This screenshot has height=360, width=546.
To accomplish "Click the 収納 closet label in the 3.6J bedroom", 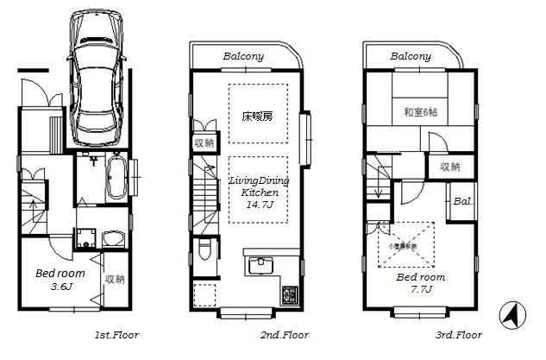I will pyautogui.click(x=114, y=279).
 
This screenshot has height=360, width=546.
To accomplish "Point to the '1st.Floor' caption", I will pyautogui.click(x=116, y=334).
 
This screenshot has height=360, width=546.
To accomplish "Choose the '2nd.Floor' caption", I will pyautogui.click(x=284, y=334).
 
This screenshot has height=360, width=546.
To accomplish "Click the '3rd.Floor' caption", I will pyautogui.click(x=457, y=334).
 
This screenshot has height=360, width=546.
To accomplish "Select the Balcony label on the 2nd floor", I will pyautogui.click(x=244, y=56).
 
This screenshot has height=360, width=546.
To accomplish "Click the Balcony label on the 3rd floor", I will pyautogui.click(x=411, y=56).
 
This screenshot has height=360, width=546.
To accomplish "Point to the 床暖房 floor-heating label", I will pyautogui.click(x=256, y=115).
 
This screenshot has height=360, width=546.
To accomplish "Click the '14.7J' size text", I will pyautogui.click(x=258, y=205).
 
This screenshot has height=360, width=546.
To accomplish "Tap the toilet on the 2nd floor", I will pyautogui.click(x=204, y=249).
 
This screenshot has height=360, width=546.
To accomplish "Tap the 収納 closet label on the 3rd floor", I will pyautogui.click(x=449, y=167).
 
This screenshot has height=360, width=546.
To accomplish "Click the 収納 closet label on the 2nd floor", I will pyautogui.click(x=204, y=143).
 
